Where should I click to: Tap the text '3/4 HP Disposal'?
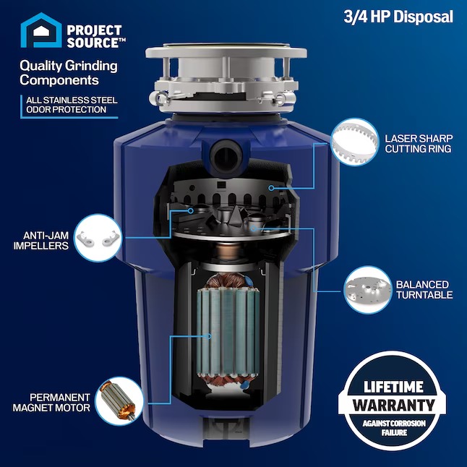point(398,17)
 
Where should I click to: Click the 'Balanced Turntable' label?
point(423,289)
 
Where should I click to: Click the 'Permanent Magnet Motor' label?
point(51,403)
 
